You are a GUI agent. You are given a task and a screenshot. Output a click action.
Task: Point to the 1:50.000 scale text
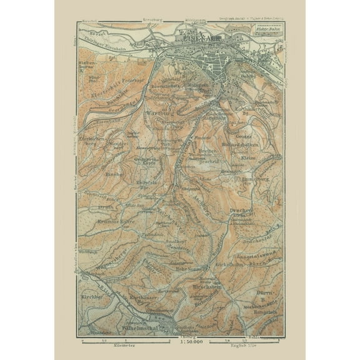188,342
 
